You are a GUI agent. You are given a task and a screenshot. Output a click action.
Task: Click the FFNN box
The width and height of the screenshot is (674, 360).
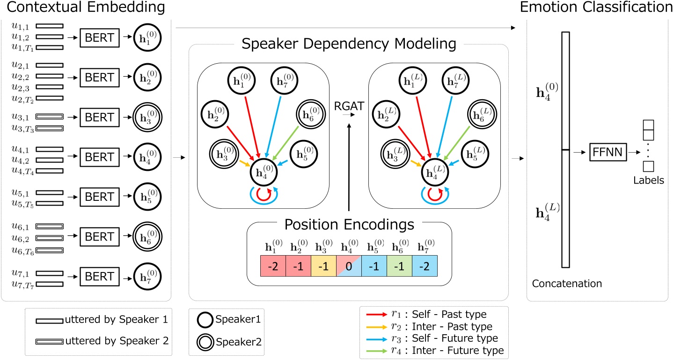coord(607,153)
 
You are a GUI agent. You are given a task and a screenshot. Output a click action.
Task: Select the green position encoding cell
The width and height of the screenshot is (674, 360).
coord(399,265)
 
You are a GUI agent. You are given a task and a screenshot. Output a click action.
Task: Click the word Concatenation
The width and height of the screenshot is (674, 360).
coord(566,283)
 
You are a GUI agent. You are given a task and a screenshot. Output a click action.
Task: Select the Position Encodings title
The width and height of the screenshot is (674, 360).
coord(349,224)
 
